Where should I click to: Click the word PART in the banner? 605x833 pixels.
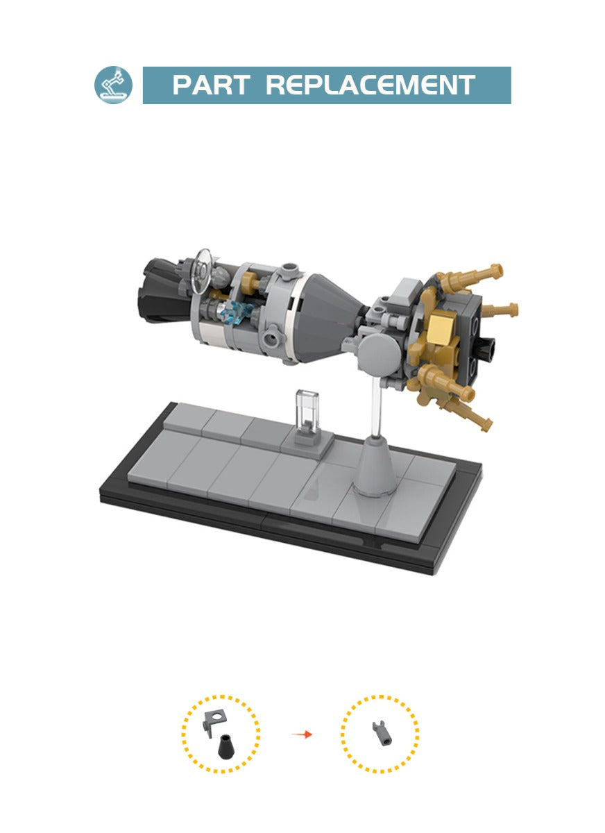pos(211,85)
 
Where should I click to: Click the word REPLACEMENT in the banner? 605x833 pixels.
pos(370,85)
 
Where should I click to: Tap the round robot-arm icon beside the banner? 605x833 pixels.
pos(113,85)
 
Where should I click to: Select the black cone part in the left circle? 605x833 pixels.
pos(223,747)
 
